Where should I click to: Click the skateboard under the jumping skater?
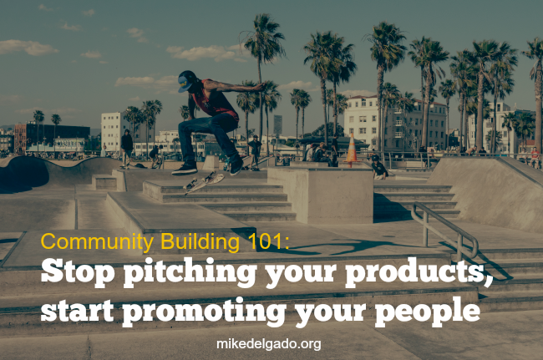pos(204,182)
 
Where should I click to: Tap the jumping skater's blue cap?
pos(187,81)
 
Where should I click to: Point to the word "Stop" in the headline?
pos(78,271)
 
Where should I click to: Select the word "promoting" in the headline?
pos(204,311)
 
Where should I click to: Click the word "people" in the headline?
pos(428,311)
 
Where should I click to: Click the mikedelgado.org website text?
pos(269,344)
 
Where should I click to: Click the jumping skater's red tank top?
pos(216,99)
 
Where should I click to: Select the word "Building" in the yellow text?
pos(200,241)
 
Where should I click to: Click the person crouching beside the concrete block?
pos(378,168)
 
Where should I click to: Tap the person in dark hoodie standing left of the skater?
pos(127,148)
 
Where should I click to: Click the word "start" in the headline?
pos(77,311)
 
